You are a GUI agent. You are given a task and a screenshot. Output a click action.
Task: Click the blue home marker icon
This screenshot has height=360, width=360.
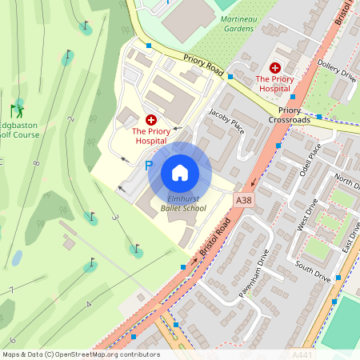[x=180, y=173]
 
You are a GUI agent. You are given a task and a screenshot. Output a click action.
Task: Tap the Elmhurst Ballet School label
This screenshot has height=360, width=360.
[x=182, y=202]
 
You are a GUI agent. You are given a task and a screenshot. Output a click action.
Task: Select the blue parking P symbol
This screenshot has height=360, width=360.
[x=148, y=166]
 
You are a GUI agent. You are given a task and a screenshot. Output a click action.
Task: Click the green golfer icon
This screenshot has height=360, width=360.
[x=17, y=109]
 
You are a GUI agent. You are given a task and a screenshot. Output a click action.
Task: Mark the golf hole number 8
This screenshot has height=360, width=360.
[x=36, y=163]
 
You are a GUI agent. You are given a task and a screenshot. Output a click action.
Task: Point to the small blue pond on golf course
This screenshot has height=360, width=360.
[x=17, y=258]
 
